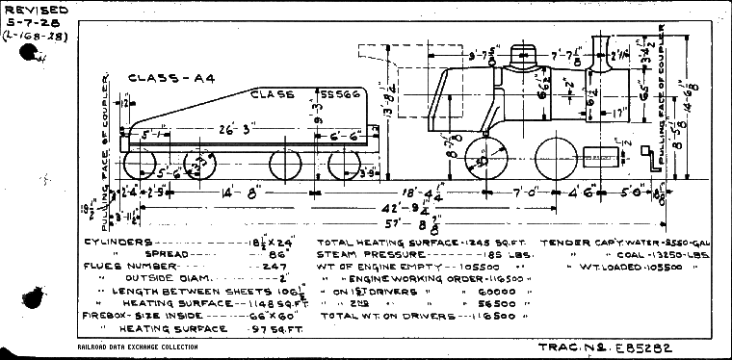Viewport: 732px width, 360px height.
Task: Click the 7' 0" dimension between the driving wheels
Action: (x=527, y=194)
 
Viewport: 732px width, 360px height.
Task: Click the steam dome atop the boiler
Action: (x=522, y=58)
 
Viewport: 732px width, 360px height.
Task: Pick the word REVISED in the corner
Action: (x=32, y=9)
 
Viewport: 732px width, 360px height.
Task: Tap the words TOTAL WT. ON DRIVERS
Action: (x=375, y=315)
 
